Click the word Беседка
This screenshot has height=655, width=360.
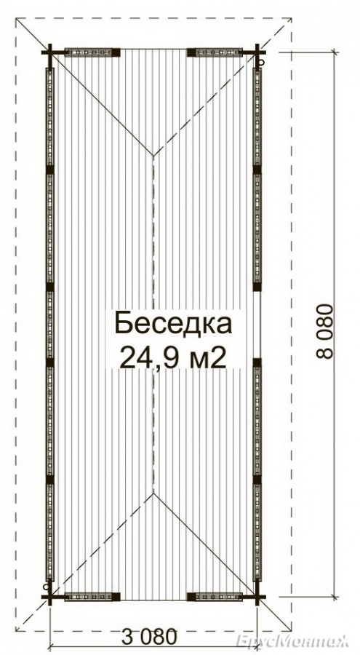(173, 324)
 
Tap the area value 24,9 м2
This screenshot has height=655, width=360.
(173, 357)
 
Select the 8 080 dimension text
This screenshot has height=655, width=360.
(326, 331)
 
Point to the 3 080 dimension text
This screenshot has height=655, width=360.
(149, 638)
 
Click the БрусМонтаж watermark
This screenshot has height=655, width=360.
(293, 640)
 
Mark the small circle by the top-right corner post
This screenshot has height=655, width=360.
(262, 63)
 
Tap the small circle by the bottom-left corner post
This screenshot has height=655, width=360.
(45, 587)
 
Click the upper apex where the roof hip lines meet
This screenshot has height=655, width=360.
(153, 156)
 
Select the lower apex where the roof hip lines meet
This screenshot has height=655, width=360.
(153, 493)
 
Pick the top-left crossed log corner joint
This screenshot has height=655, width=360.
(49, 52)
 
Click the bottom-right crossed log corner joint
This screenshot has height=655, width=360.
(257, 597)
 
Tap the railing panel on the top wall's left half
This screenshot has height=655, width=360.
(89, 52)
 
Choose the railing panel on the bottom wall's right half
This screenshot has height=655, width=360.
(219, 597)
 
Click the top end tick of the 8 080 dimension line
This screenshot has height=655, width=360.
(334, 52)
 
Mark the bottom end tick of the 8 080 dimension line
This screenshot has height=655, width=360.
(334, 597)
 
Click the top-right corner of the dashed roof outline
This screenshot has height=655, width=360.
(291, 18)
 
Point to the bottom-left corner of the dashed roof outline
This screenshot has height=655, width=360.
(16, 630)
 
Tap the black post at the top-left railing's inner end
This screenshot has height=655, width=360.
(116, 52)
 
